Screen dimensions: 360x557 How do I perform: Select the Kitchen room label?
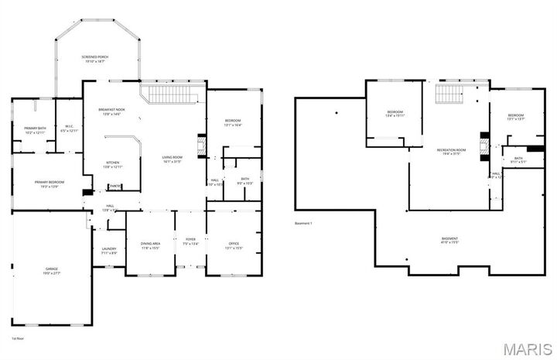click(x=113, y=164)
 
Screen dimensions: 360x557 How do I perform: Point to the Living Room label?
click(x=172, y=159)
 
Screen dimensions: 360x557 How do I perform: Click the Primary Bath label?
click(x=35, y=129)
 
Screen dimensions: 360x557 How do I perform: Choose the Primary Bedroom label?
click(x=49, y=183)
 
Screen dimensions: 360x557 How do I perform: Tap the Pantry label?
click(x=114, y=186)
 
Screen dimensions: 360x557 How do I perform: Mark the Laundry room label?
click(x=109, y=250)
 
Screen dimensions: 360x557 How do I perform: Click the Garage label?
click(x=51, y=270)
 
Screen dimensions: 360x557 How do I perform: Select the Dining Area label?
click(x=150, y=245)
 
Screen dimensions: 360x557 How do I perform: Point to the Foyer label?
click(x=190, y=242)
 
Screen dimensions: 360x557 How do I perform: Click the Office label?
click(x=233, y=245)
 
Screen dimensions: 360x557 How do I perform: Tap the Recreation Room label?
click(x=451, y=151)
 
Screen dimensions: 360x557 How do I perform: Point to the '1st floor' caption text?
click(x=17, y=338)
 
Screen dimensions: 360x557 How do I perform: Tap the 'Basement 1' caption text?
click(x=303, y=224)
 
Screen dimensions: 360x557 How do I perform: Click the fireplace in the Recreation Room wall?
click(x=484, y=145)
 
